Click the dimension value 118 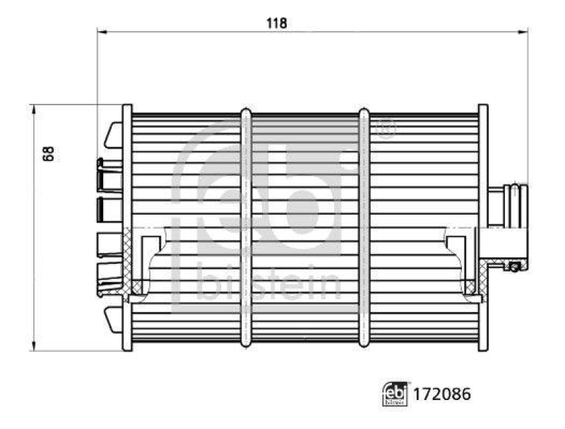(x=276, y=23)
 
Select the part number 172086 (x=433, y=394)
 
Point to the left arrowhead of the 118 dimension (x=100, y=31)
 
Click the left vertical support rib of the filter (x=245, y=228)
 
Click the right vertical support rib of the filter (x=364, y=228)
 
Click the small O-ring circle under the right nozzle (x=516, y=266)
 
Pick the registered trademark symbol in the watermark (x=386, y=129)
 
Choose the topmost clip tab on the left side (x=113, y=135)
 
